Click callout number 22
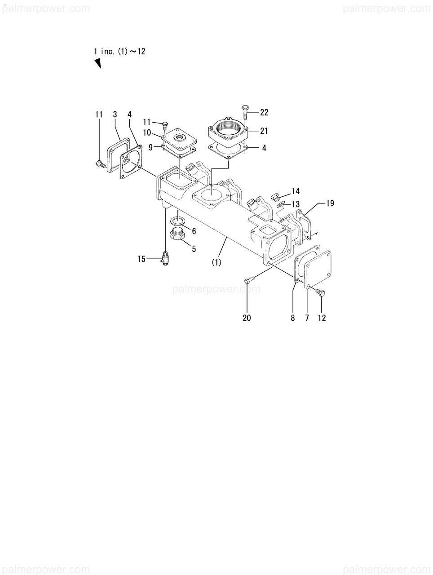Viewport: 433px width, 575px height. pos(264,112)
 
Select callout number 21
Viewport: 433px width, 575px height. pos(264,131)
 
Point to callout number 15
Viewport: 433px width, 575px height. pos(142,259)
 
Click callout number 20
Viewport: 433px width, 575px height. pos(247,318)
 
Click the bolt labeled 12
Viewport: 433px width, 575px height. pos(320,292)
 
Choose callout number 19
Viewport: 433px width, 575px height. pos(330,203)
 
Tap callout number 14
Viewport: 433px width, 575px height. pos(296,191)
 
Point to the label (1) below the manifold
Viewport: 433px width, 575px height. pos(216,262)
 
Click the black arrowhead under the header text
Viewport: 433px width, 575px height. pos(97,64)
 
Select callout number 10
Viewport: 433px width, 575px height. pos(147,133)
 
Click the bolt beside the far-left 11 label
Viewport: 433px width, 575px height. pos(100,164)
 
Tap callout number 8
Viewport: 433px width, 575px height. pos(293,318)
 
